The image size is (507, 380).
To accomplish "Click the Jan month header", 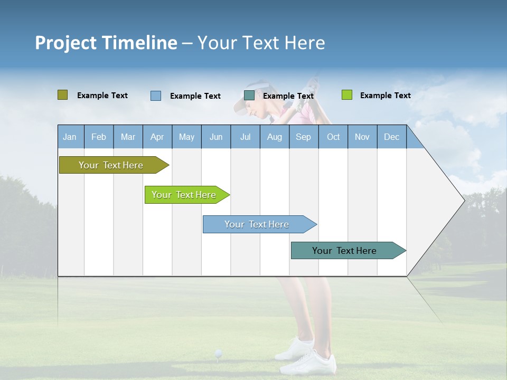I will [70, 137].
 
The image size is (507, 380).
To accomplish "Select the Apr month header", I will [157, 137].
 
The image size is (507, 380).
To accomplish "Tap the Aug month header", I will [274, 137].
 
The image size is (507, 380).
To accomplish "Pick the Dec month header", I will [391, 137].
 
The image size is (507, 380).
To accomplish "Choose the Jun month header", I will [216, 137].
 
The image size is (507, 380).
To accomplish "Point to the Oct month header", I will [333, 137].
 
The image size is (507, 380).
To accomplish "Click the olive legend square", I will [62, 95].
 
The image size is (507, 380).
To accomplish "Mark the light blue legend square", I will [156, 96].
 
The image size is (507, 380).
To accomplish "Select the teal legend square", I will [249, 95].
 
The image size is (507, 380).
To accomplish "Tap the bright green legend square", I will [347, 95].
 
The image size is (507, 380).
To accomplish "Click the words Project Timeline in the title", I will [106, 43].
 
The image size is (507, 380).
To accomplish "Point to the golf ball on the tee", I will [218, 353].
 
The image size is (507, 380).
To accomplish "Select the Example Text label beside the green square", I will [385, 96].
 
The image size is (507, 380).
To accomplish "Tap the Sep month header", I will [303, 137].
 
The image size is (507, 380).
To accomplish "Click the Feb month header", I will [99, 137].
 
